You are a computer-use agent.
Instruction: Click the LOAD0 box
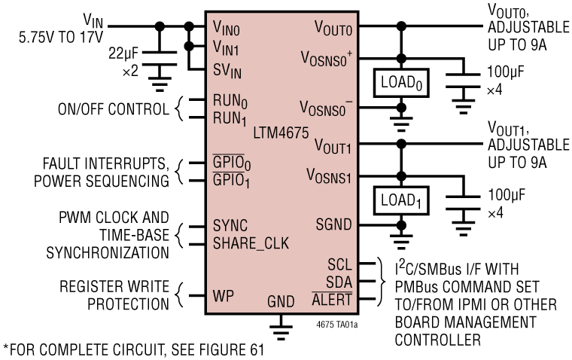tap(401, 82)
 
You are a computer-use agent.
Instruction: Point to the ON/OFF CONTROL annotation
tap(112, 109)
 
